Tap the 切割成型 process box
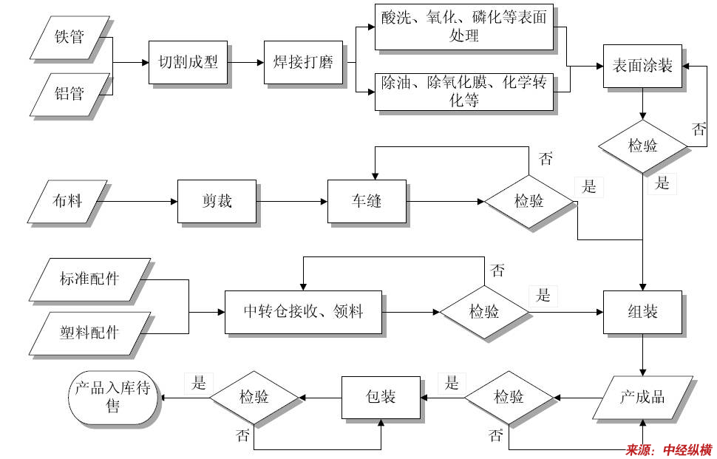click(188, 62)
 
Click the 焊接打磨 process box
click(303, 62)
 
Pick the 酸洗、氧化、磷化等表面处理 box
click(463, 28)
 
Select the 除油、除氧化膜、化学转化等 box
click(463, 92)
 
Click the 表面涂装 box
click(642, 67)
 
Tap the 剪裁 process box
click(217, 201)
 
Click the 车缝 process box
click(367, 201)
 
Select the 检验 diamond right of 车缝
click(529, 201)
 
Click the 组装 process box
click(642, 312)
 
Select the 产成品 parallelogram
click(642, 398)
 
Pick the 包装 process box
click(381, 398)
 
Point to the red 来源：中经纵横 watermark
click(669, 449)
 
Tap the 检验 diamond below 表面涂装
click(642, 146)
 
